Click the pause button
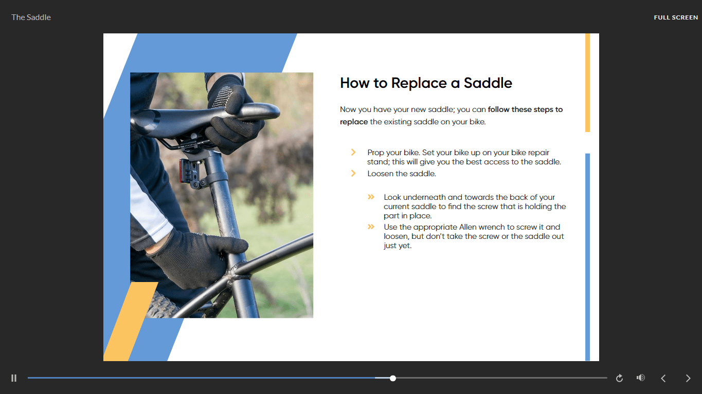(x=14, y=378)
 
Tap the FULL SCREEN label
(x=676, y=17)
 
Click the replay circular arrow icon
(x=619, y=378)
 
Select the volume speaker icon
(x=641, y=378)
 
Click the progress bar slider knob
(x=393, y=378)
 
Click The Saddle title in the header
(x=31, y=17)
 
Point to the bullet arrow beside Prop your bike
(x=353, y=153)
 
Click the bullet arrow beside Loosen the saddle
(x=353, y=174)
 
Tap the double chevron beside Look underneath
(x=371, y=197)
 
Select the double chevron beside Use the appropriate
(x=371, y=227)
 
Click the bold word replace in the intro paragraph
(x=354, y=122)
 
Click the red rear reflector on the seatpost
(x=182, y=171)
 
